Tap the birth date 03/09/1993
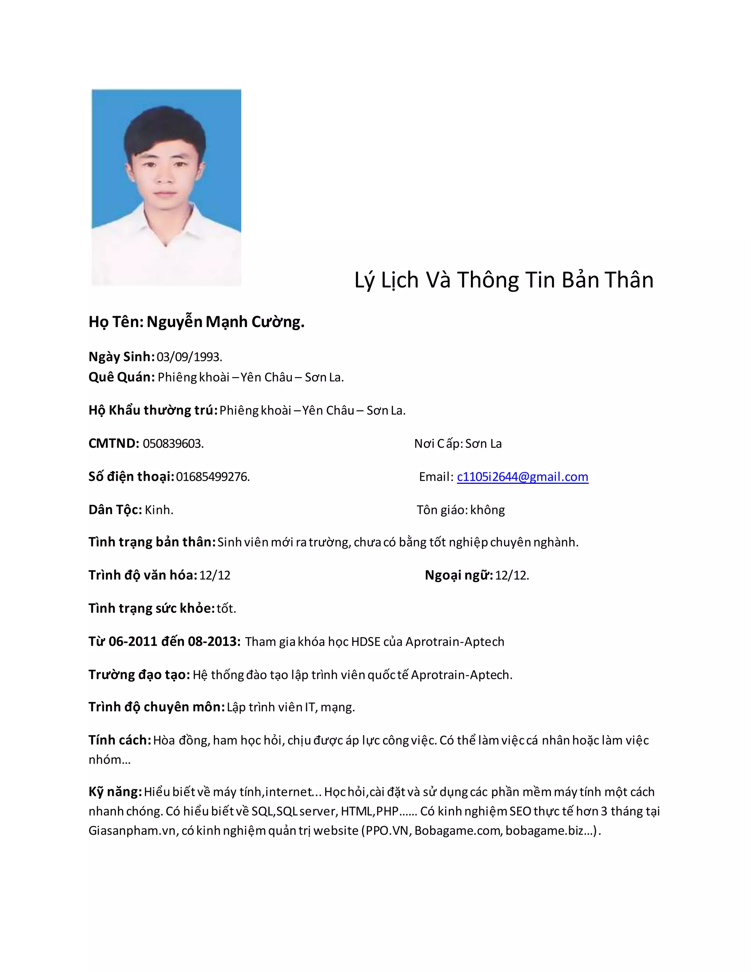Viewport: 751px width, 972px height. pos(189,357)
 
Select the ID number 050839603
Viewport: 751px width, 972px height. pos(173,444)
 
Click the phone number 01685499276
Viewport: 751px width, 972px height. pos(213,477)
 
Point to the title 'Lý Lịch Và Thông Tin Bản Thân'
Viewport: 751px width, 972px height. pos(503,280)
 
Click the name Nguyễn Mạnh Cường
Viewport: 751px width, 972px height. pos(226,322)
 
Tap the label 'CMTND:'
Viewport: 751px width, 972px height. pos(114,443)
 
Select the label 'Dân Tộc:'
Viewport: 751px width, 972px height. pos(115,509)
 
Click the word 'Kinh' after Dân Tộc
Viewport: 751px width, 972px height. pos(158,509)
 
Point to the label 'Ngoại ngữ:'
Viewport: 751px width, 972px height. pos(459,575)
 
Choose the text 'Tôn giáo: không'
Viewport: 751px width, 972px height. pos(461,509)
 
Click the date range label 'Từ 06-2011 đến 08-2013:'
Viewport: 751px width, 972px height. pos(165,641)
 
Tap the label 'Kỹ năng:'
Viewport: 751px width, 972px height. pos(115,792)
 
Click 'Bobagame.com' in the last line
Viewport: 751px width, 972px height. pos(457,830)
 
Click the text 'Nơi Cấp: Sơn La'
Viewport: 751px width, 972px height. pos(458,444)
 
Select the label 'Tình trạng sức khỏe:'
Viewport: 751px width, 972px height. pos(152,608)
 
